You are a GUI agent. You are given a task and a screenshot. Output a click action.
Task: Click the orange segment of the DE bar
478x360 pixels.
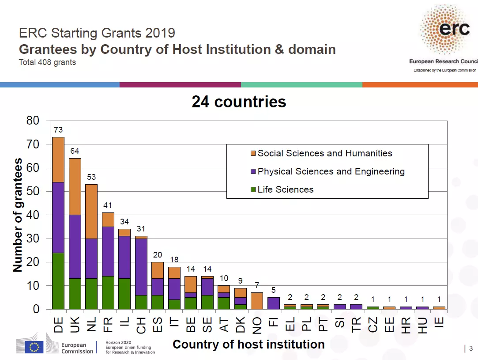[x=58, y=159]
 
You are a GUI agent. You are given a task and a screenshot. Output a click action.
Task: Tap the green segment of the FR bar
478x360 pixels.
[x=108, y=292]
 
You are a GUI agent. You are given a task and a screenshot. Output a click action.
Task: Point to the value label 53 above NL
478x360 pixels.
[x=91, y=177]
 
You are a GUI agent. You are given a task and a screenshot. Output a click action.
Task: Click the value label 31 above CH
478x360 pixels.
[x=141, y=229]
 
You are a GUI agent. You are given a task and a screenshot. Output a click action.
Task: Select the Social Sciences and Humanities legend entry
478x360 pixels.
[x=324, y=153]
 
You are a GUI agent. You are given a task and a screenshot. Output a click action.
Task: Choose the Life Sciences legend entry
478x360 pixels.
[x=285, y=189]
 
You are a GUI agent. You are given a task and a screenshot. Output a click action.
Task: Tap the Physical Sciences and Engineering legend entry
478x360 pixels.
[x=331, y=171]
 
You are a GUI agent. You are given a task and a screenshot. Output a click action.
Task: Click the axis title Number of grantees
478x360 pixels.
[x=18, y=216]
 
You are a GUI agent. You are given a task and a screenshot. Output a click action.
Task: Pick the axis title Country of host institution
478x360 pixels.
[x=248, y=344]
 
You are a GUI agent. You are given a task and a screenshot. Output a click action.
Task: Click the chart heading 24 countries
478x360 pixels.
[x=239, y=102]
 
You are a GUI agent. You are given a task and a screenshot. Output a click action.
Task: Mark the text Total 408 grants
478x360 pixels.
[x=47, y=62]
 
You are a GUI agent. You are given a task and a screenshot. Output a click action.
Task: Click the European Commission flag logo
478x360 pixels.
[x=34, y=347]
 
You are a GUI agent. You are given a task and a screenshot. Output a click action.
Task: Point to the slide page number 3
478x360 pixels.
[x=470, y=349]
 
